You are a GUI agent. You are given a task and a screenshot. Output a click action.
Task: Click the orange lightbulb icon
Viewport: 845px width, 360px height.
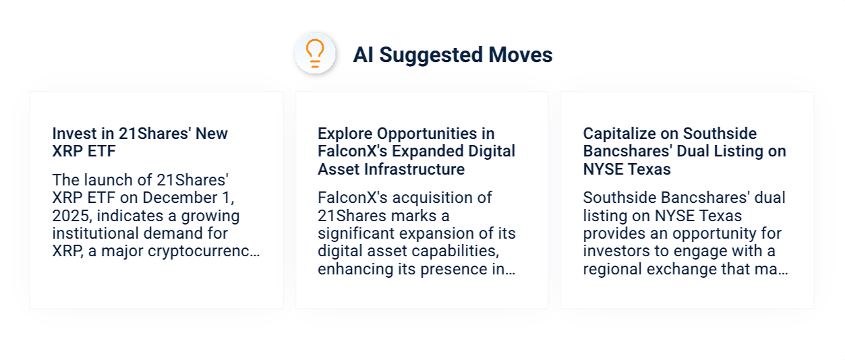(x=315, y=53)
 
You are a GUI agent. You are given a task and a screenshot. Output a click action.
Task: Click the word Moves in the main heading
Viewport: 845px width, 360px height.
(x=521, y=55)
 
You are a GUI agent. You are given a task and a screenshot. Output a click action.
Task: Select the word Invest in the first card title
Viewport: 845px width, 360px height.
(x=72, y=133)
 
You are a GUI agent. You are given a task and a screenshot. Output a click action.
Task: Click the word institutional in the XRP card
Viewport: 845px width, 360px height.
(x=95, y=234)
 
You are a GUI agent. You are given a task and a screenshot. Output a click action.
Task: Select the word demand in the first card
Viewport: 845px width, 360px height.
(x=170, y=234)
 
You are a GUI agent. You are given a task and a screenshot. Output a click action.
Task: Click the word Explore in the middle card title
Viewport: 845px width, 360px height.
(x=345, y=133)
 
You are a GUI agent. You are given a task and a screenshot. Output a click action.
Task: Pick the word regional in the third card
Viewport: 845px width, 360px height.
(x=611, y=270)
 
